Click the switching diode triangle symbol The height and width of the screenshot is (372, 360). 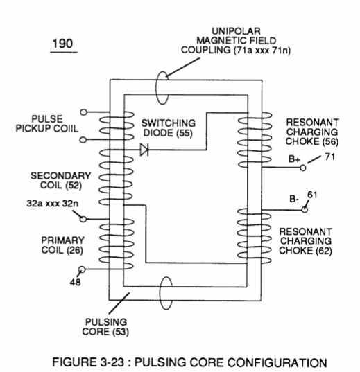(x=144, y=150)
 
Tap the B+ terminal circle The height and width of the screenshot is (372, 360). (x=303, y=168)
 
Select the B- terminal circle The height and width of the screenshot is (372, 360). (x=305, y=209)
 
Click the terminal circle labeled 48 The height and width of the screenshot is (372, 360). (x=82, y=269)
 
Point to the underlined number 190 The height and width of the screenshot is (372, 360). (x=62, y=44)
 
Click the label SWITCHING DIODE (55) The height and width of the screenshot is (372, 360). (x=169, y=128)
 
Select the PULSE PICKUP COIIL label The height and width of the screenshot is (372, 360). (x=46, y=123)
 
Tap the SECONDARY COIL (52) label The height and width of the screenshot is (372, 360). (x=60, y=181)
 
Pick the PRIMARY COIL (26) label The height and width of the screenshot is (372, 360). (x=62, y=245)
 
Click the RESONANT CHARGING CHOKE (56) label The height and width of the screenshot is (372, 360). (x=312, y=132)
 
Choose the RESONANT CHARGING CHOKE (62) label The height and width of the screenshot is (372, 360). (x=306, y=241)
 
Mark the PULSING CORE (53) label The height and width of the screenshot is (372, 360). (x=105, y=327)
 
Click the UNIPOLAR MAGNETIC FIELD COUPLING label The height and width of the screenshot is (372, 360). (x=236, y=41)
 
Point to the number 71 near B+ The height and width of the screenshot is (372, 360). (x=329, y=157)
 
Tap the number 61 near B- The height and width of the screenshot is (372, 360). (x=312, y=195)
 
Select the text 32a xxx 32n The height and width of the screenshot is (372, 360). (x=52, y=204)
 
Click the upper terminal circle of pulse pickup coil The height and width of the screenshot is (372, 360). (x=83, y=112)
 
